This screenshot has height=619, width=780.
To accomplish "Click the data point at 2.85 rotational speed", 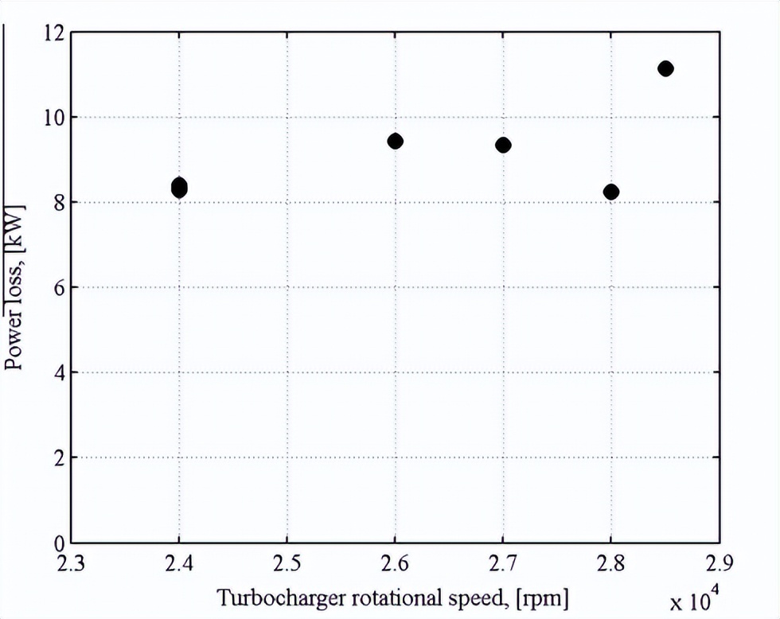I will [665, 68].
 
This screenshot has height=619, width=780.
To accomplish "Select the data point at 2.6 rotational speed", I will [395, 141].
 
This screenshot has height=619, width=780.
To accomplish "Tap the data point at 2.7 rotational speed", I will [503, 145].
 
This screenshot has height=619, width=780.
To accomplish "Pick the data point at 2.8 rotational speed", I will [611, 192].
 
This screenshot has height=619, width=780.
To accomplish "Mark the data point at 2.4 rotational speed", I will [179, 188].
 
